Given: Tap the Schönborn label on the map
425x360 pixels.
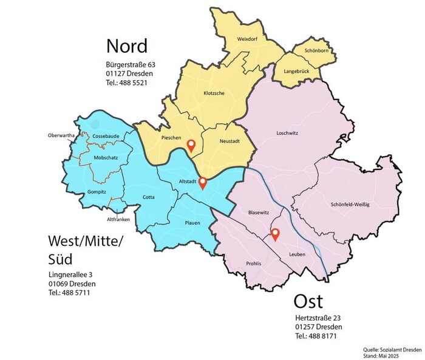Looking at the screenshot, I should click(x=316, y=51).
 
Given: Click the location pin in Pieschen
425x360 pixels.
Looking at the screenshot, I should click(x=191, y=145).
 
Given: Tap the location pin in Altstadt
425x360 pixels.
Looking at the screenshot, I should click(x=203, y=183).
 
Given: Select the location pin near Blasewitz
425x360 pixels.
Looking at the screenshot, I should click(x=274, y=234).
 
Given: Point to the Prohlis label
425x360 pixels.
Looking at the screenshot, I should click(x=254, y=263).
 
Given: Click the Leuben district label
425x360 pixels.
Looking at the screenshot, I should click(x=297, y=254).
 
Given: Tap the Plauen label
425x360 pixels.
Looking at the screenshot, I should click(x=192, y=223).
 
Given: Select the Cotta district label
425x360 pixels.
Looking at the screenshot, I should click(x=149, y=197).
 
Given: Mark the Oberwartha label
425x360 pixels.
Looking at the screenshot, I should click(x=61, y=135).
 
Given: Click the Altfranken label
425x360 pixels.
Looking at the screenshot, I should click(x=118, y=219).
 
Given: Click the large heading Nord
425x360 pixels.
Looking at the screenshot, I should click(x=127, y=46).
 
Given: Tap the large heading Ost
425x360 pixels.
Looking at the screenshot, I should click(x=308, y=302).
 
